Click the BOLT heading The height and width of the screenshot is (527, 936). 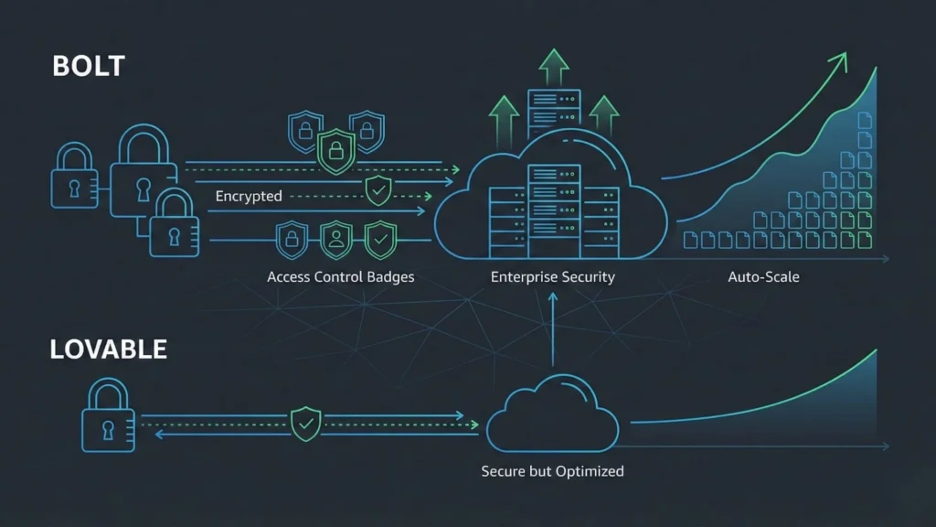point(89,67)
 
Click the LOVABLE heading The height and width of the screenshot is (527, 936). point(109,349)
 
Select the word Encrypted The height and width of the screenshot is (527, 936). point(249,196)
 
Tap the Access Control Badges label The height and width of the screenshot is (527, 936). point(340,275)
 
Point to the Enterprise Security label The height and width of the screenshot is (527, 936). point(552,275)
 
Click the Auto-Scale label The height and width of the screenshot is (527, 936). point(763,275)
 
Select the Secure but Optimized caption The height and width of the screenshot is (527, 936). point(552,471)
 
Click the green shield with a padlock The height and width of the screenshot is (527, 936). point(335,149)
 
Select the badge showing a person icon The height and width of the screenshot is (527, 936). point(335,240)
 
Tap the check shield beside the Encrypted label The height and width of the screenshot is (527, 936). point(378,190)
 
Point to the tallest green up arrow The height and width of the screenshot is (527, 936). point(552,66)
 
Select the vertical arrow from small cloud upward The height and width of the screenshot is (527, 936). point(552,339)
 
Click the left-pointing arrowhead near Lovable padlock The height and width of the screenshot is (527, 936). point(159,434)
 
